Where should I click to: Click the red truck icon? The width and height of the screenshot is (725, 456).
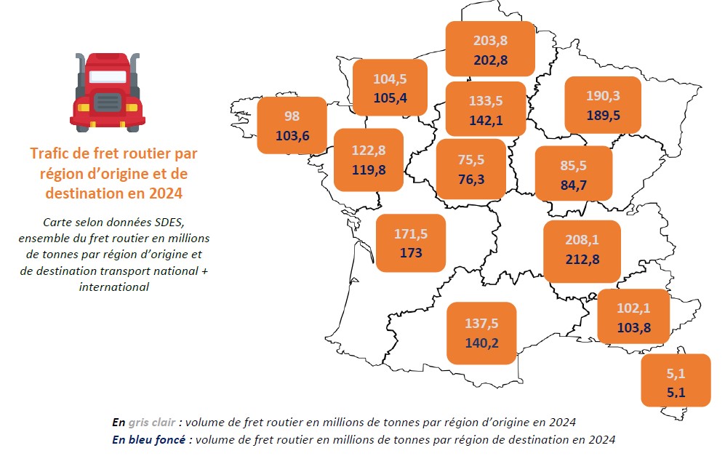click(108, 91)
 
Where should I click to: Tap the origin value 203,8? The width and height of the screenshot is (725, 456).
click(489, 41)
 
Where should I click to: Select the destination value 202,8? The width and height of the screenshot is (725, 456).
click(489, 60)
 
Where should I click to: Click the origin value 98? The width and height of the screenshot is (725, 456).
click(292, 116)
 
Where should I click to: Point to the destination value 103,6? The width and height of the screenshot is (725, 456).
click(292, 135)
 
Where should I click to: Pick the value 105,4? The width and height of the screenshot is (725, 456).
click(390, 97)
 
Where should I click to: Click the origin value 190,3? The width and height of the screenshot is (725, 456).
click(603, 96)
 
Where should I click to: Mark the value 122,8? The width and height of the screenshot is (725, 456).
click(368, 151)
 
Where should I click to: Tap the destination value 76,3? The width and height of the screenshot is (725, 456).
click(470, 179)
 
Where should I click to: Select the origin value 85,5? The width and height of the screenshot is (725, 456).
click(573, 166)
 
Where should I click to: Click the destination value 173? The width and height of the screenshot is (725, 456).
click(411, 253)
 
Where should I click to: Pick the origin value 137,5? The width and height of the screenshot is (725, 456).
click(481, 322)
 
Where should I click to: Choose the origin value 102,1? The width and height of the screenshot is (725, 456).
click(633, 308)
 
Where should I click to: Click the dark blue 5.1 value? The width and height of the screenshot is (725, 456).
click(675, 395)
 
